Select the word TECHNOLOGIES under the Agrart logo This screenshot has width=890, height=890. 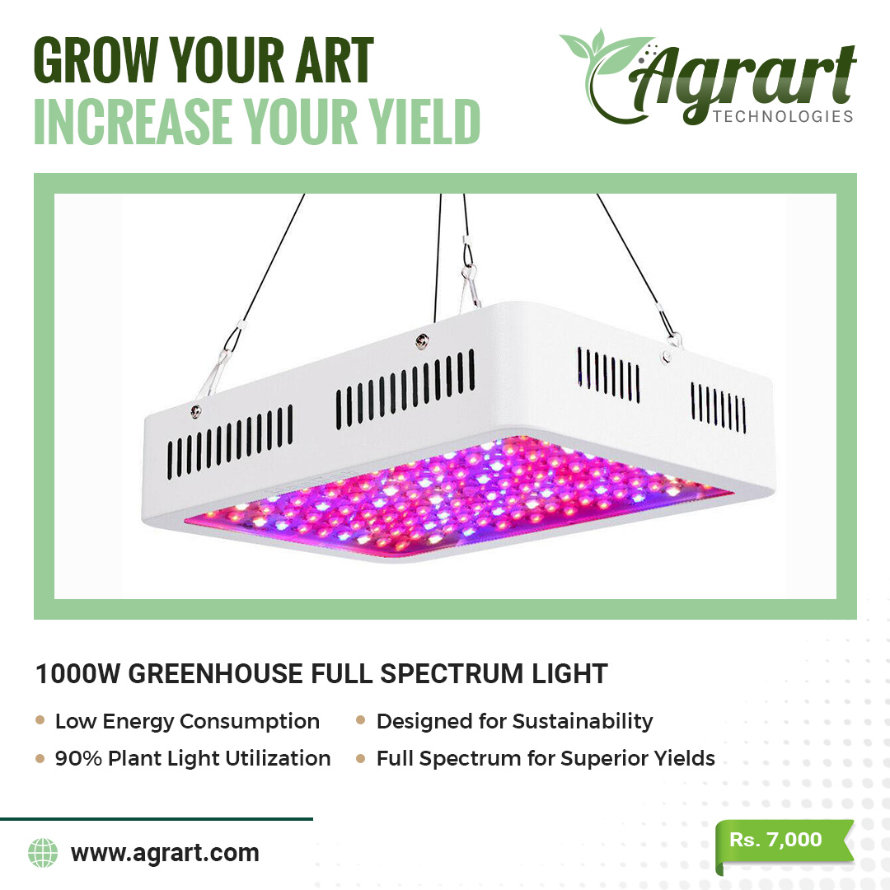pyautogui.click(x=783, y=116)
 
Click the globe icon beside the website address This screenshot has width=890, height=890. pyautogui.click(x=43, y=853)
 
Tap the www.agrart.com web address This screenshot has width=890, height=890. pyautogui.click(x=165, y=853)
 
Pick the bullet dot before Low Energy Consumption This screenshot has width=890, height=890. pyautogui.click(x=40, y=720)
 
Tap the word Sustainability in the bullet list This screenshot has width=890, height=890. pyautogui.click(x=583, y=722)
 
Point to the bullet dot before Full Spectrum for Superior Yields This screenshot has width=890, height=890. pyautogui.click(x=360, y=758)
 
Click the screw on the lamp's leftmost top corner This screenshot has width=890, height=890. pyautogui.click(x=195, y=411)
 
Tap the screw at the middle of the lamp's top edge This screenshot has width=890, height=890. pyautogui.click(x=421, y=341)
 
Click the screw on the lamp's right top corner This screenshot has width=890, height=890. pyautogui.click(x=667, y=357)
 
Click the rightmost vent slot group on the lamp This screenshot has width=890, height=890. pyautogui.click(x=718, y=408)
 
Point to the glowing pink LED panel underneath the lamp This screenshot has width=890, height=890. pyautogui.click(x=454, y=494)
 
